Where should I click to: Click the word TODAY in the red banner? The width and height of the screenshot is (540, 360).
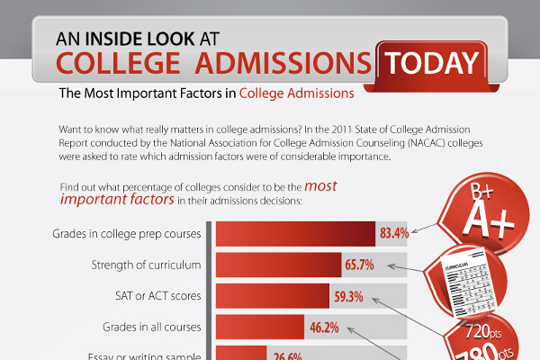click(430, 64)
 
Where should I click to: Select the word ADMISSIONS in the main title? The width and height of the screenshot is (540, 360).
click(286, 65)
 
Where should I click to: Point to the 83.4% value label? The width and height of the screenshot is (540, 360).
click(394, 234)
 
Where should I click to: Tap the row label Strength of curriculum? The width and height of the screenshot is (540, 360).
click(148, 265)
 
